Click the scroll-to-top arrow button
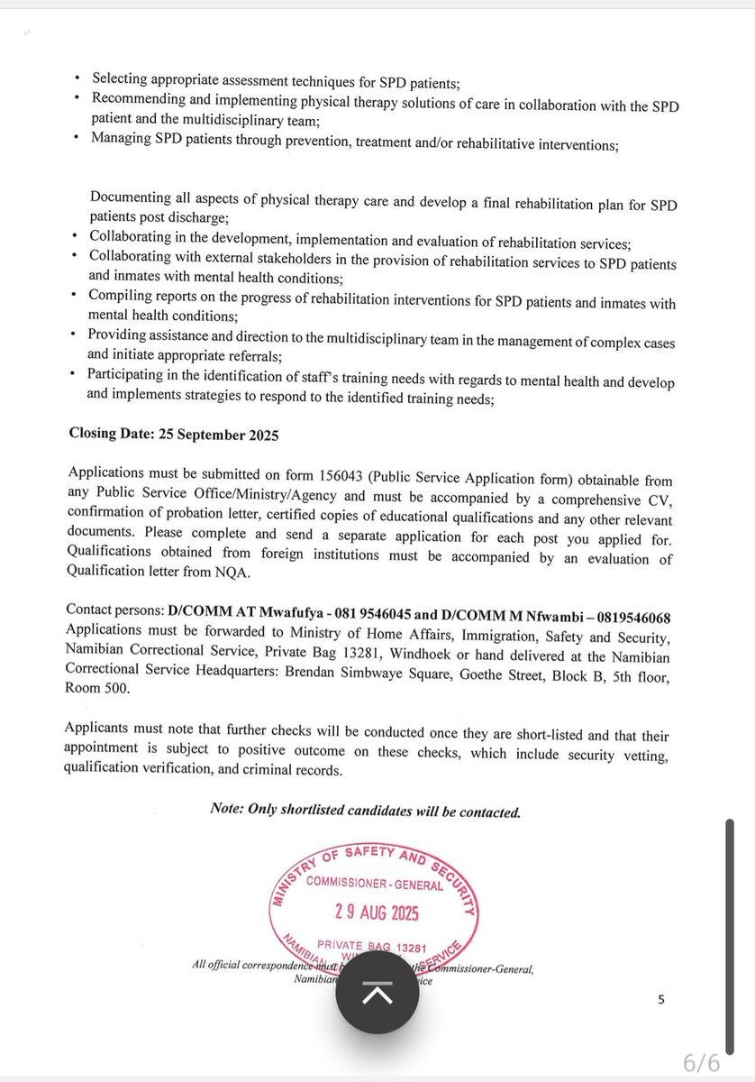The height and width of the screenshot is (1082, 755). [x=377, y=994]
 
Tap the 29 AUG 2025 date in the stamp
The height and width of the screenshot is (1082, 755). [x=371, y=912]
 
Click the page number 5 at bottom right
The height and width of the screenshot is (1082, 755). [x=660, y=999]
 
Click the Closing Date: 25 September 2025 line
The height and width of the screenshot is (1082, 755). [x=174, y=434]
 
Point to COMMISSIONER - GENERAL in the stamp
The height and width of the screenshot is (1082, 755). [x=373, y=884]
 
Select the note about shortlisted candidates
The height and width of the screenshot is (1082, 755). [x=365, y=811]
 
